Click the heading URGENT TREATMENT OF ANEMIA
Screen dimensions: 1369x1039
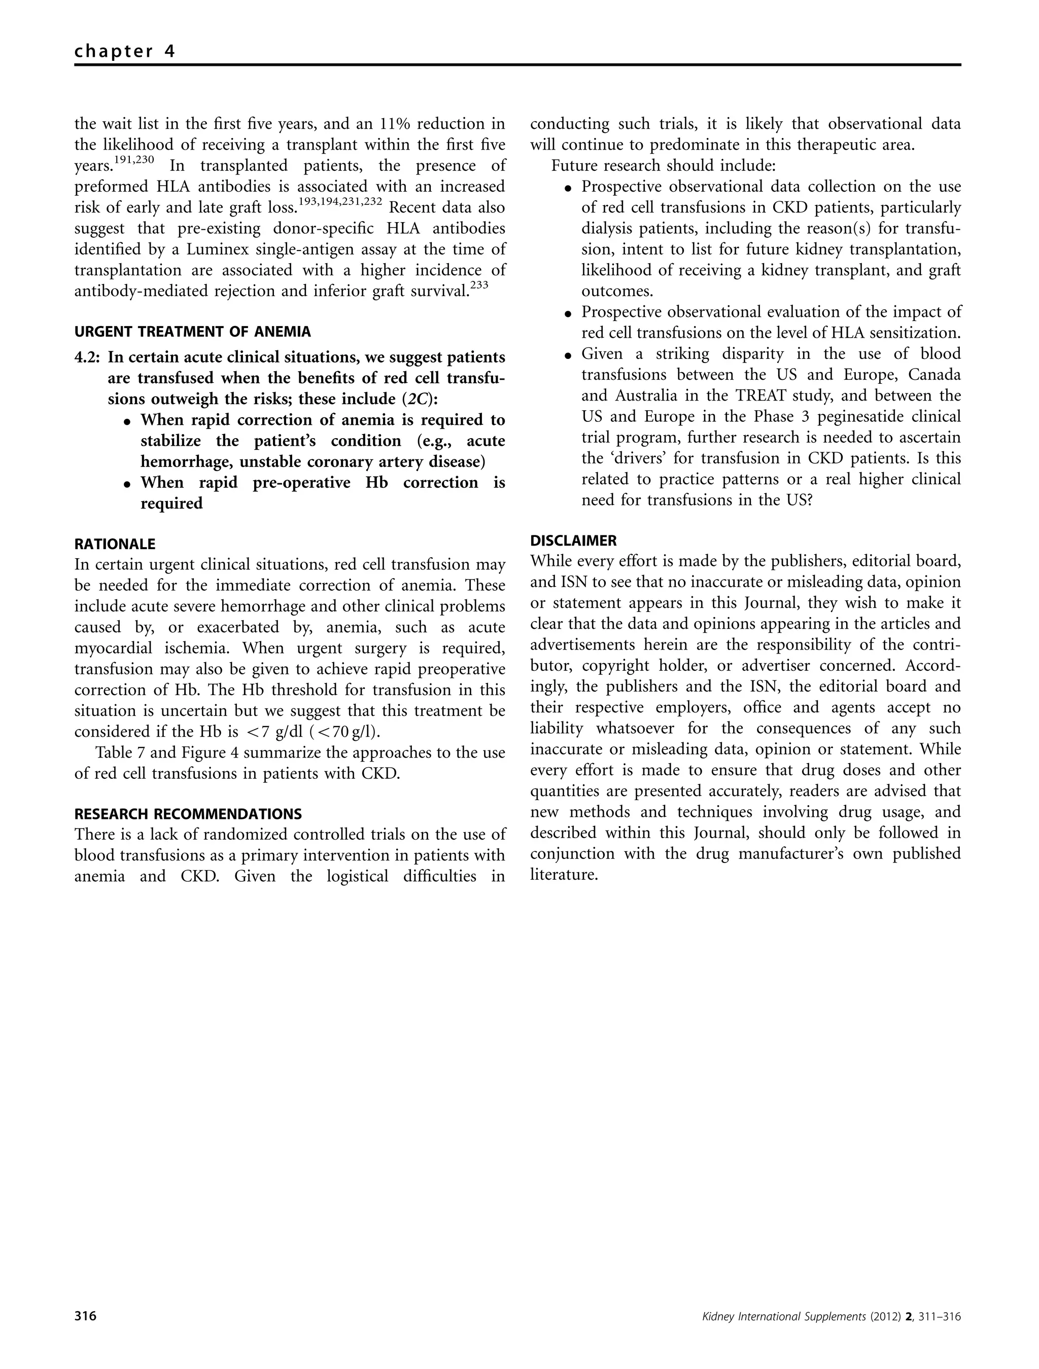(x=193, y=332)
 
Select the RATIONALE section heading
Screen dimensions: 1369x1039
(x=115, y=544)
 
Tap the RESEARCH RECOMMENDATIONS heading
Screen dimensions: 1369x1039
(x=188, y=813)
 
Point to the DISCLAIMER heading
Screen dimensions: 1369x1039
(x=573, y=541)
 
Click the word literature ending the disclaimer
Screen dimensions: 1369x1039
(x=564, y=875)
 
